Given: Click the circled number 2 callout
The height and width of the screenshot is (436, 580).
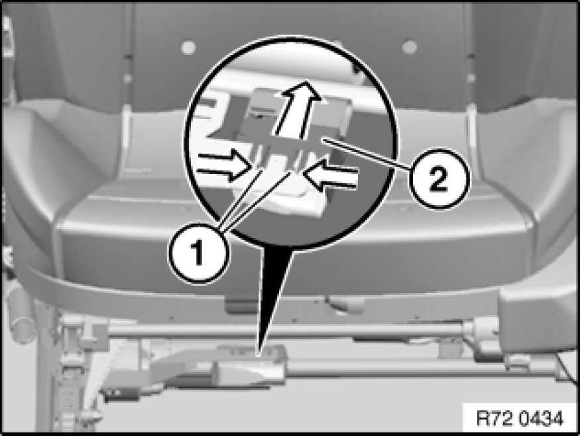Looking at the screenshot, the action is (439, 179).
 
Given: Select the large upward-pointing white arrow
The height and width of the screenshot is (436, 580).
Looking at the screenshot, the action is (296, 110).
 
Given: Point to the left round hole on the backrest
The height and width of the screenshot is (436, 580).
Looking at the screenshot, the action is (188, 47).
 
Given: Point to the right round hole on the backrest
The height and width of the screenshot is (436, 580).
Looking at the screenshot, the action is (410, 47).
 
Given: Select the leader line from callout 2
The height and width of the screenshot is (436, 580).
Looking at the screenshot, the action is (367, 153).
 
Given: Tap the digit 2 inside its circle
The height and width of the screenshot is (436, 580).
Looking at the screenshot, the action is (439, 180).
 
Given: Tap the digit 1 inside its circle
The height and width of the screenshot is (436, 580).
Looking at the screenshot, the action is (198, 253).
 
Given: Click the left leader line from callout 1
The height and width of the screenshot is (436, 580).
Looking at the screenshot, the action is (241, 198).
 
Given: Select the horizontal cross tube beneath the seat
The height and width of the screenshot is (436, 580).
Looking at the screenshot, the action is (288, 330).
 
